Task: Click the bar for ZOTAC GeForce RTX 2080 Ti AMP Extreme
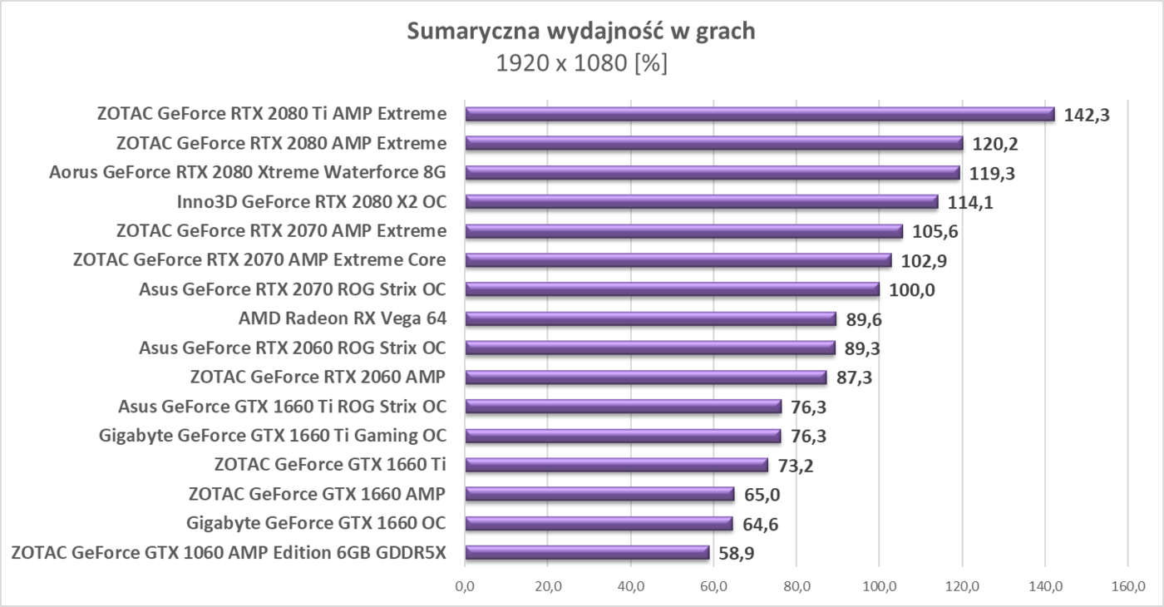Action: pos(759,115)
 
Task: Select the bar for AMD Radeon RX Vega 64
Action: pos(650,318)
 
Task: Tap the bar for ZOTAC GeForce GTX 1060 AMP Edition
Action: pos(587,552)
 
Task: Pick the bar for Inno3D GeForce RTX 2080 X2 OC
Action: pos(701,202)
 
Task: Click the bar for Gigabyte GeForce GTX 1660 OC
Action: pos(599,523)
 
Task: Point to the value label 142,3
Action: pos(1087,115)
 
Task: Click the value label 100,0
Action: pos(912,290)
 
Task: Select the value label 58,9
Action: pos(736,553)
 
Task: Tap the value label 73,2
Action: pos(795,466)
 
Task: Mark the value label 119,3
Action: pos(992,174)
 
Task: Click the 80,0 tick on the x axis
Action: pos(797,587)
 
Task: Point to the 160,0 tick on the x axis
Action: pos(1127,587)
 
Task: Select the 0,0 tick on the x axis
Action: pos(466,587)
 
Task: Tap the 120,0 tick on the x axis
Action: pos(962,587)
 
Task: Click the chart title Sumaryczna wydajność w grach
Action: pos(581,32)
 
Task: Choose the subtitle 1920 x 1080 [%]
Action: pos(581,63)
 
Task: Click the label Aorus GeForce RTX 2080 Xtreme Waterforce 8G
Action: pos(248,173)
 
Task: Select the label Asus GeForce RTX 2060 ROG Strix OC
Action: pos(293,348)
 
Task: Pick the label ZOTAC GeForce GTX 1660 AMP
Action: pos(317,494)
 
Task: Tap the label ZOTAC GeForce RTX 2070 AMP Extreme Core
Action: pos(259,260)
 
